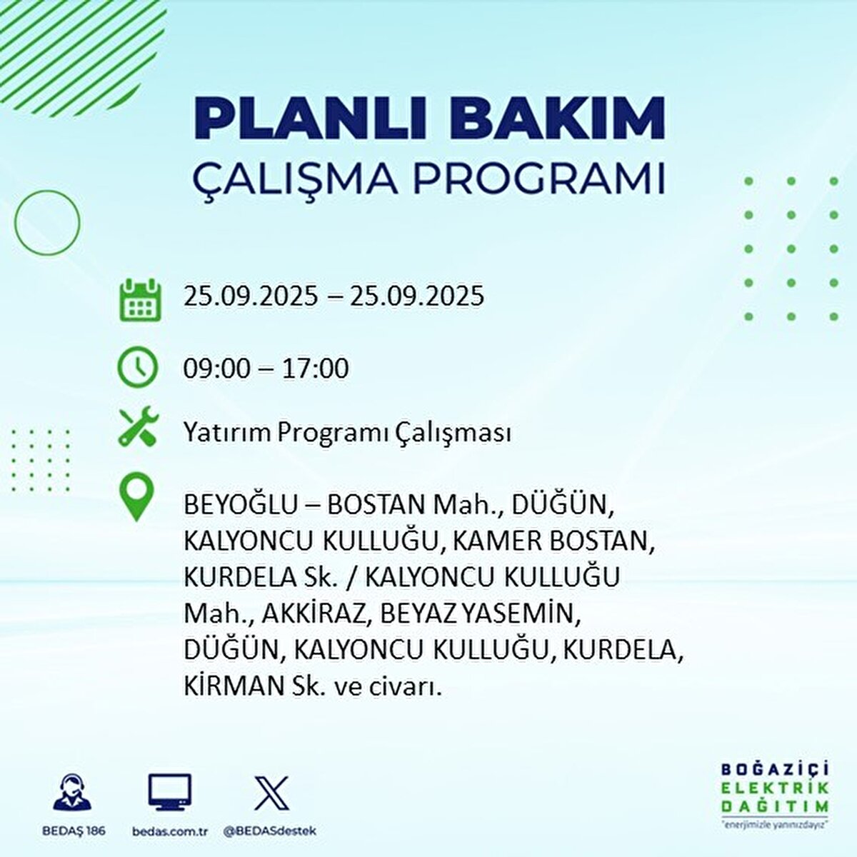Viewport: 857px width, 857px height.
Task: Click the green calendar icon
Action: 140,299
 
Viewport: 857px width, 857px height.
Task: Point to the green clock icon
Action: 137,367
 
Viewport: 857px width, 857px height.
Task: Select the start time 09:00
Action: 217,369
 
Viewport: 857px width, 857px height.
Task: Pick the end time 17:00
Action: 315,369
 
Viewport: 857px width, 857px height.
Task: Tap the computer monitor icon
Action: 169,792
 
